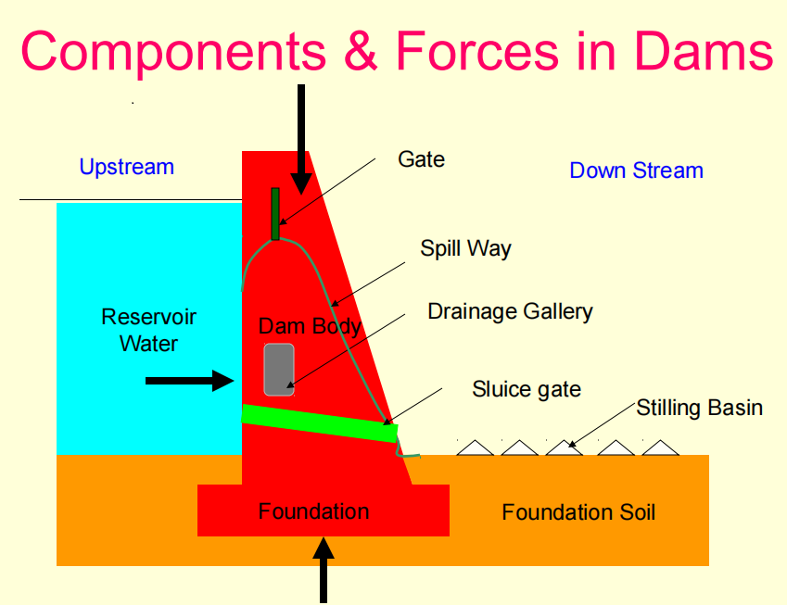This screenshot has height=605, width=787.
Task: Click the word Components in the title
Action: pos(173,53)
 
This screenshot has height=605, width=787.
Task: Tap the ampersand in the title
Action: pos(361,51)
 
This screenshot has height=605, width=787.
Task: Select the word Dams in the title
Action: pos(704,51)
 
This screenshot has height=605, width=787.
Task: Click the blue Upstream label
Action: pos(126,167)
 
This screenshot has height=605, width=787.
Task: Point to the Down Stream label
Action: pos(636,170)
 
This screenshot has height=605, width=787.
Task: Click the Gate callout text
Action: pos(421,159)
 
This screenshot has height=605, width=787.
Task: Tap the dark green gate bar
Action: pos(275,214)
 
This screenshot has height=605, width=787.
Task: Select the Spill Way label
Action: pos(465,248)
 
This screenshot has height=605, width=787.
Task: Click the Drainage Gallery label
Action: pos(510,312)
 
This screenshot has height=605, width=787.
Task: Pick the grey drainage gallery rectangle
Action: pos(279,370)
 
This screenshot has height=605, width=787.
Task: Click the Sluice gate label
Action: pos(527,390)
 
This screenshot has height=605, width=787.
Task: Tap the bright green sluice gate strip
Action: pos(320,423)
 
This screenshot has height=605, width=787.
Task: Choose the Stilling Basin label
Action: pos(699,408)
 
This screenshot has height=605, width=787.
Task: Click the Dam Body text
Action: pos(310,326)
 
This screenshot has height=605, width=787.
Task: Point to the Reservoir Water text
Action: pos(148,330)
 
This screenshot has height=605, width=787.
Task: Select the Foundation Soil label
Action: pos(578,512)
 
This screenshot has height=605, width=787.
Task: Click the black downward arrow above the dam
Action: pos(301,139)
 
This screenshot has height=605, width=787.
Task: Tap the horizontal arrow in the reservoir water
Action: pos(190,381)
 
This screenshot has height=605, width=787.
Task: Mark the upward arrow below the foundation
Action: pos(324,570)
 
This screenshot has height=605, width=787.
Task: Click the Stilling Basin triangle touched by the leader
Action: pos(565,448)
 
